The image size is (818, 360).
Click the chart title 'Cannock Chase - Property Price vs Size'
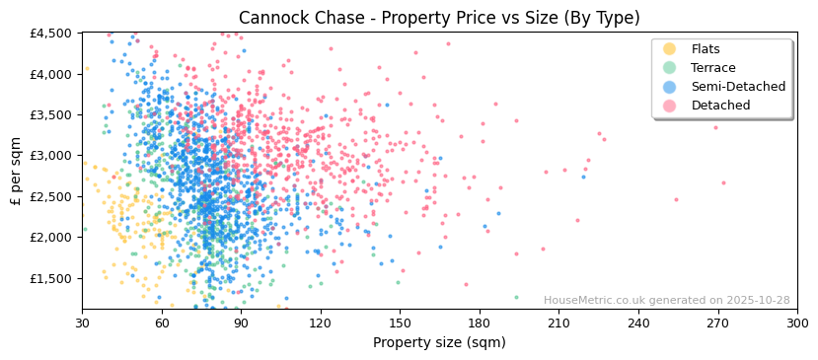tap(439, 18)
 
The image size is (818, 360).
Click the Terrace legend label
tap(712, 68)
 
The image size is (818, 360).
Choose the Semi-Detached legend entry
tap(738, 87)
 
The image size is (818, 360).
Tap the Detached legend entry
tap(720, 106)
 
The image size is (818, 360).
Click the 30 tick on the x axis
tap(82, 323)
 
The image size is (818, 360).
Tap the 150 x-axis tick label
tap(400, 323)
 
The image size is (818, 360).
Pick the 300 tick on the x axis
tap(797, 323)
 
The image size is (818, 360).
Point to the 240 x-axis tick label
tap(638, 323)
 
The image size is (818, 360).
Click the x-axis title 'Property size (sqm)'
tap(439, 343)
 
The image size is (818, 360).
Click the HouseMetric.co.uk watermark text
tap(666, 301)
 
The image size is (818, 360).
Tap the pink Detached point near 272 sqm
tap(723, 182)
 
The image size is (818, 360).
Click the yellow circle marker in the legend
tap(670, 49)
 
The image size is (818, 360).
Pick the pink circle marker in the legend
tap(670, 106)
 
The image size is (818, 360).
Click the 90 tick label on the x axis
tap(241, 323)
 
